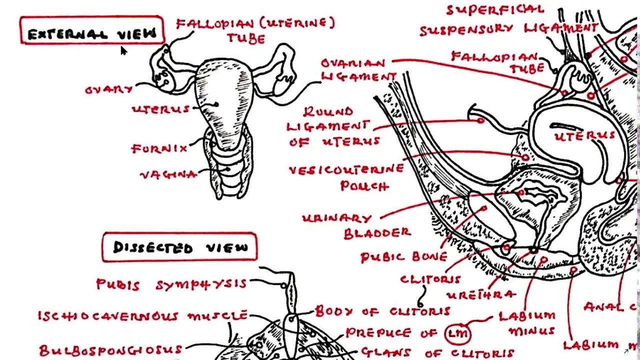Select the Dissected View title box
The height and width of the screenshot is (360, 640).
point(180,247)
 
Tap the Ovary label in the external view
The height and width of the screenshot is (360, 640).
point(109,90)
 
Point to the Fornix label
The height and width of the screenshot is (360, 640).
point(152,148)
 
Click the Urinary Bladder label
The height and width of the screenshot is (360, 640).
point(356,225)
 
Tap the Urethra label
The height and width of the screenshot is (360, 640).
point(480,294)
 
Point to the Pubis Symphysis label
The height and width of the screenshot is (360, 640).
point(171,284)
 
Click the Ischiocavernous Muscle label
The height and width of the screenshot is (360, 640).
point(142,316)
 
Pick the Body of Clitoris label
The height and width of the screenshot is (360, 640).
point(382,312)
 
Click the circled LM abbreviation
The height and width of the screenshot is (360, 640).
point(456,332)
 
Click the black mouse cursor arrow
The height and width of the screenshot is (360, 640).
point(123,50)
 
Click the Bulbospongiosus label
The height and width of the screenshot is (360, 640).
point(110,349)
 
